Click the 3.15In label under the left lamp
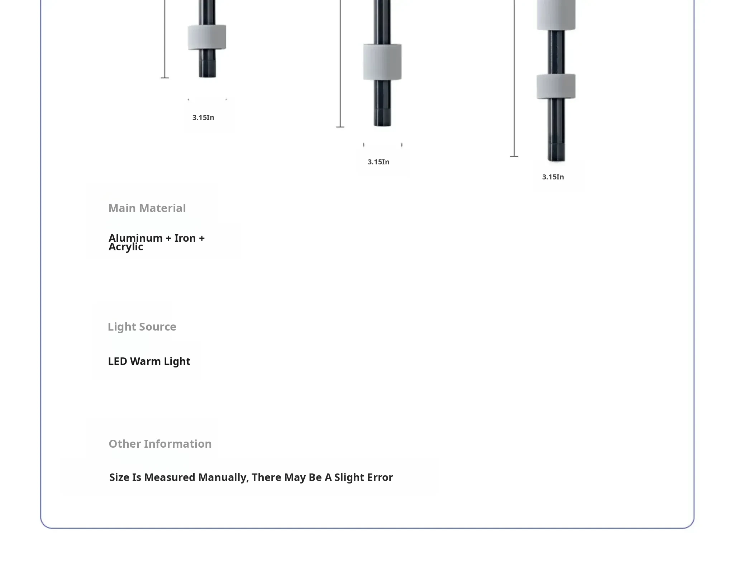pyautogui.click(x=203, y=117)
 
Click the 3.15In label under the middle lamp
pyautogui.click(x=378, y=162)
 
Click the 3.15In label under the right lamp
pyautogui.click(x=553, y=177)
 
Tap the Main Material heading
pyautogui.click(x=147, y=208)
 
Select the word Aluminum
pyautogui.click(x=135, y=238)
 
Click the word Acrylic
pyautogui.click(x=126, y=247)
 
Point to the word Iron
pyautogui.click(x=185, y=238)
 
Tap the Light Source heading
pyautogui.click(x=142, y=327)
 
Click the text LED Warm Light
pyautogui.click(x=149, y=361)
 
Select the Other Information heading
pyautogui.click(x=160, y=444)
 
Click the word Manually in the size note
pyautogui.click(x=223, y=477)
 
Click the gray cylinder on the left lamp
pyautogui.click(x=207, y=37)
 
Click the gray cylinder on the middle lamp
pyautogui.click(x=382, y=62)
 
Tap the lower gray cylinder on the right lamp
pyautogui.click(x=556, y=86)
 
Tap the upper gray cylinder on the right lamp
pyautogui.click(x=556, y=14)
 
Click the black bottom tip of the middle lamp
pyautogui.click(x=382, y=117)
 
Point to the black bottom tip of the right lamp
pyautogui.click(x=556, y=153)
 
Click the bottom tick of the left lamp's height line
pyautogui.click(x=165, y=78)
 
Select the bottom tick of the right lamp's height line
pyautogui.click(x=514, y=157)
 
